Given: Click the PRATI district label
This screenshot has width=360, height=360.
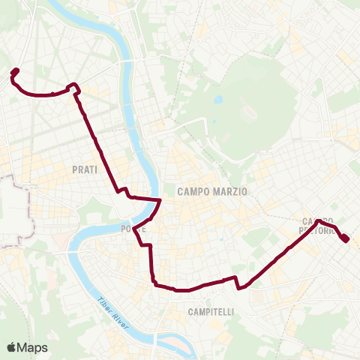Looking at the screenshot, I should [x=85, y=170].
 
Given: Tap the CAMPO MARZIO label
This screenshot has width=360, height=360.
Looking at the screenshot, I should [x=212, y=192].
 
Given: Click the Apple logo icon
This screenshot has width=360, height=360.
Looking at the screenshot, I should [x=11, y=347].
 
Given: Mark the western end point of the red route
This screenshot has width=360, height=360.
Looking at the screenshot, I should [x=15, y=72].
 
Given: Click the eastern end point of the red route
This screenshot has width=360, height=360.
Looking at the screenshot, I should [x=346, y=238].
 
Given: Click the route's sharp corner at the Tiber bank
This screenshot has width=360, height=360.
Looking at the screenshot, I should [x=160, y=200].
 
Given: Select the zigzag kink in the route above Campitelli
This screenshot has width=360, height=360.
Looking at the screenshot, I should [x=238, y=283].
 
